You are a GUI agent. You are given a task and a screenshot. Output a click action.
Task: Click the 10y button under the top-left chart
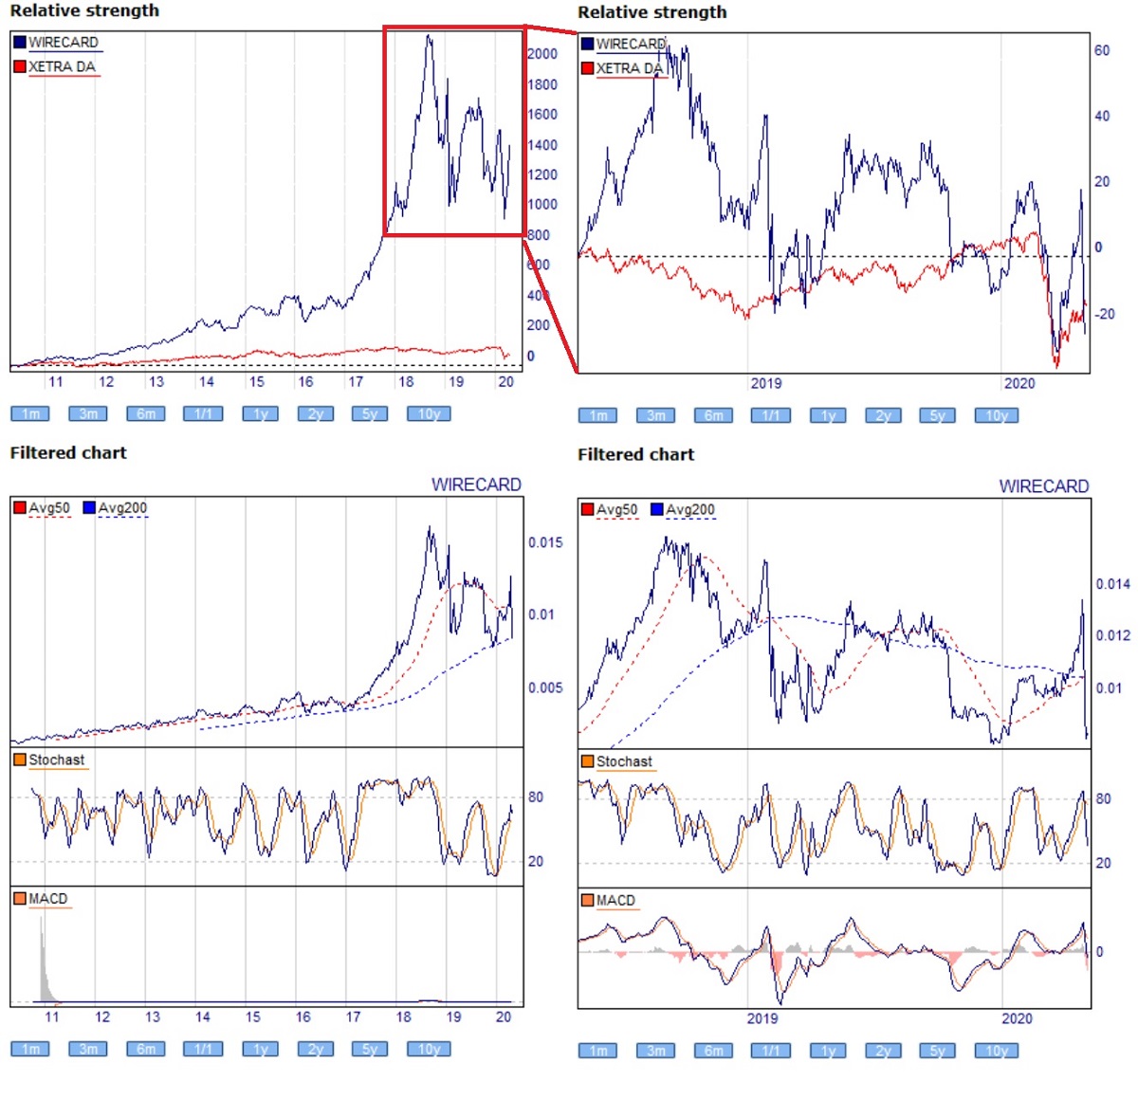(x=429, y=413)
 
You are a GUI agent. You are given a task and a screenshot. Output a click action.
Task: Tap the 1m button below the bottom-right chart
(x=598, y=1051)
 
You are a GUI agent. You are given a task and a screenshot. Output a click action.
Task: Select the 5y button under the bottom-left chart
(x=371, y=1049)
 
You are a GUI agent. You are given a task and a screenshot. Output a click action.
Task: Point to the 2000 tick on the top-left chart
(x=542, y=54)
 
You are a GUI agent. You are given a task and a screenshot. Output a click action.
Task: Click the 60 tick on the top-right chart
(x=1102, y=50)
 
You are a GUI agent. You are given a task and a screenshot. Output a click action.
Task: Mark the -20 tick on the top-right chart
(x=1104, y=314)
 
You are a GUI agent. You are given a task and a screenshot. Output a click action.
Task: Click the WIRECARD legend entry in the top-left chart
(x=63, y=43)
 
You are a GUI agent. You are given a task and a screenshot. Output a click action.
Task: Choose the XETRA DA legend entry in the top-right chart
(x=629, y=68)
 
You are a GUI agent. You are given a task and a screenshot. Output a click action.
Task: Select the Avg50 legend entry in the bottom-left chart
(x=48, y=508)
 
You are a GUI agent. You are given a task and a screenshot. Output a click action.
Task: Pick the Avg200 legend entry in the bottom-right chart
(x=689, y=510)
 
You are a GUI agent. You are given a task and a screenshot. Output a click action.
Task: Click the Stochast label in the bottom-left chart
(x=56, y=760)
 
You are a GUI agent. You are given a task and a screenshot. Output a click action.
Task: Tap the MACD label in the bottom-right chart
(x=615, y=900)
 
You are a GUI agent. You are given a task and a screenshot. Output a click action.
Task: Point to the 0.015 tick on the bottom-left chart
(x=545, y=542)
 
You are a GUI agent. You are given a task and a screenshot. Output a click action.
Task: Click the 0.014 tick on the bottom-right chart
(x=1112, y=584)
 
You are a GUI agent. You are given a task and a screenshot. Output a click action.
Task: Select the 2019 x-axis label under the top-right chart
(x=766, y=383)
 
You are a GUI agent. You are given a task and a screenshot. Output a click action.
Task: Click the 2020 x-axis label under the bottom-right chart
(x=1017, y=1018)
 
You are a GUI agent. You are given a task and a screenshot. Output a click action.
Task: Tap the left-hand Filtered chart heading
(x=68, y=453)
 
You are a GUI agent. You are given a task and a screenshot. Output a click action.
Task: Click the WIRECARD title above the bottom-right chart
(x=1043, y=486)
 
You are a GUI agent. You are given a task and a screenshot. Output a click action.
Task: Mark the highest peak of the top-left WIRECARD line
(x=429, y=37)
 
